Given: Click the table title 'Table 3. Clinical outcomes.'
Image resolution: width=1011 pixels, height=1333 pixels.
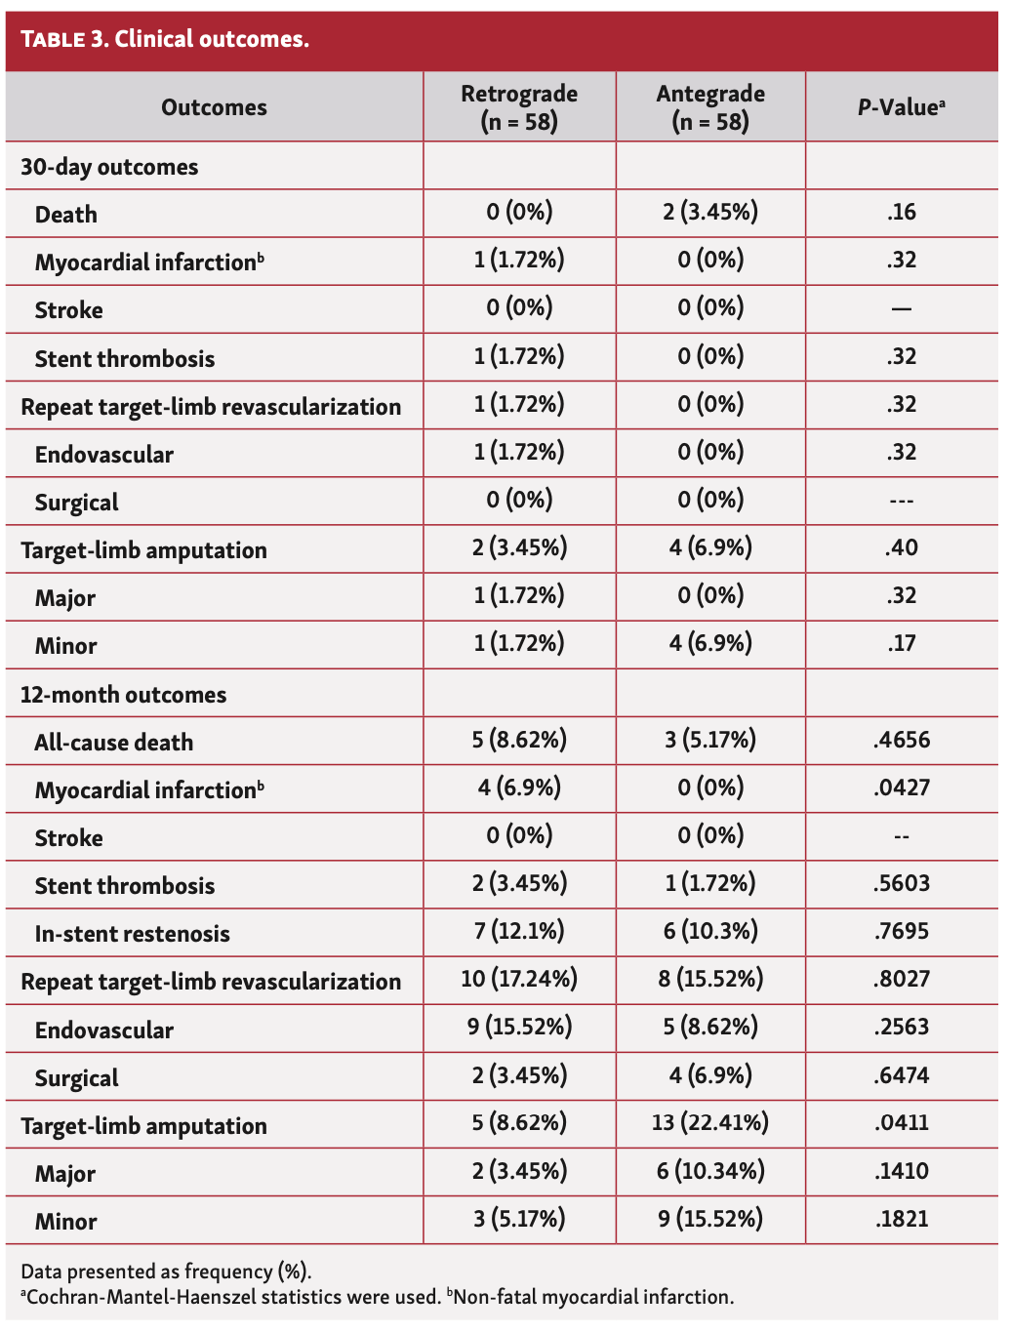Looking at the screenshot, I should click(165, 39).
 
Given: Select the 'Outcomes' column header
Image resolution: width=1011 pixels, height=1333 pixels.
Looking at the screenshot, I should click(214, 107).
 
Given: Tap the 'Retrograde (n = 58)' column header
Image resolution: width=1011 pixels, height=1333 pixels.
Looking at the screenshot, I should click(519, 107).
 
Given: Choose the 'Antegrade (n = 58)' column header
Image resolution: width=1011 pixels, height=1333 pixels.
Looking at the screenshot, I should click(710, 107).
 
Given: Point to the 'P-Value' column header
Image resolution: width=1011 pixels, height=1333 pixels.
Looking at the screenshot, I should click(901, 107).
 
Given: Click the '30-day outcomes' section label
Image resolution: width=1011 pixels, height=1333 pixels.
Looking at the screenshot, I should click(109, 167).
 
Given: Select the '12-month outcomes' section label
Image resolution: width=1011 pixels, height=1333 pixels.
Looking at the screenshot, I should click(123, 695).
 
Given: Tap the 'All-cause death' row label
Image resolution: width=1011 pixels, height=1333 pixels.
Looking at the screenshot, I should click(113, 743).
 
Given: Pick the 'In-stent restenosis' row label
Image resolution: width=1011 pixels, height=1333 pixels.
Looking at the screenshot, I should click(132, 934).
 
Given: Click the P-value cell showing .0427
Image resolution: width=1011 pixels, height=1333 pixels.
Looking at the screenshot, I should click(902, 788).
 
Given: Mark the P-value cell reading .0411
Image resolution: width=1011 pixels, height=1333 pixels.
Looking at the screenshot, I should click(902, 1123).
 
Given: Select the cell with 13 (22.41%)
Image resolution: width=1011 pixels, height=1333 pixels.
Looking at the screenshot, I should click(710, 1123).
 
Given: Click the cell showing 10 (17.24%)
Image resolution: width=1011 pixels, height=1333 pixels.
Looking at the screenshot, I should click(519, 979).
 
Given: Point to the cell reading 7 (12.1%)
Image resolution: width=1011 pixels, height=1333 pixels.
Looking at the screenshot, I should click(519, 931).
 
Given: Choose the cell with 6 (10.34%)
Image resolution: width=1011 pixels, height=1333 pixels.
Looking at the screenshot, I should click(710, 1171).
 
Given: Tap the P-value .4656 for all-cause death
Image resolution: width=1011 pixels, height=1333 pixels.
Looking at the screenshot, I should click(902, 740).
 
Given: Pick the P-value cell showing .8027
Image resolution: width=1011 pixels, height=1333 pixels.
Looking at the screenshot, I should click(902, 979).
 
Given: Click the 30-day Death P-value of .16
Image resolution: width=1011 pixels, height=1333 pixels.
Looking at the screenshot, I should click(902, 212).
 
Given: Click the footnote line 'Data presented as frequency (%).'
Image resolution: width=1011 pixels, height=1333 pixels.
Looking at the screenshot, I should click(166, 1272).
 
